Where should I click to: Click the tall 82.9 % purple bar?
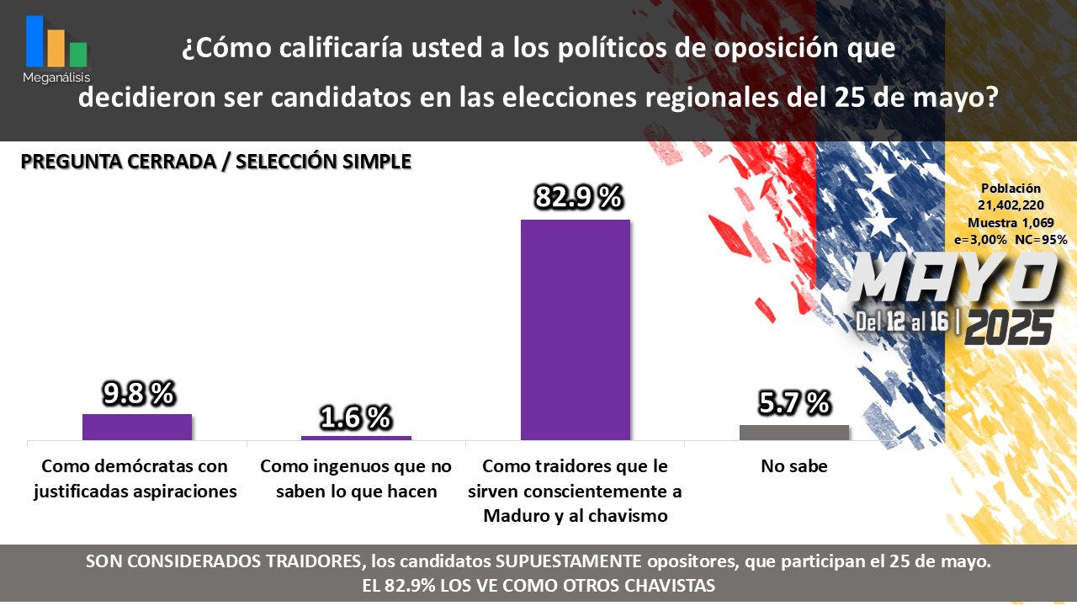coord(575,329)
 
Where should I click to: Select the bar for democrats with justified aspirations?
coord(137,427)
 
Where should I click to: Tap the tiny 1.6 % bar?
coord(356,438)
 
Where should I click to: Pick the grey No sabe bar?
coord(793,432)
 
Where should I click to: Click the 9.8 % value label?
coord(138,392)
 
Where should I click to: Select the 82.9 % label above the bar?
coord(578,198)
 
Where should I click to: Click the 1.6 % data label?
coord(356,416)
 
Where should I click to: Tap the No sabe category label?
coord(793,466)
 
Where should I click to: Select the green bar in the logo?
coord(78,54)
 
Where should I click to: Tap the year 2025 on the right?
coord(1009,327)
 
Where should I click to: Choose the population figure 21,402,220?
coord(1011,205)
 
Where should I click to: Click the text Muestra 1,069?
coord(1011,223)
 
